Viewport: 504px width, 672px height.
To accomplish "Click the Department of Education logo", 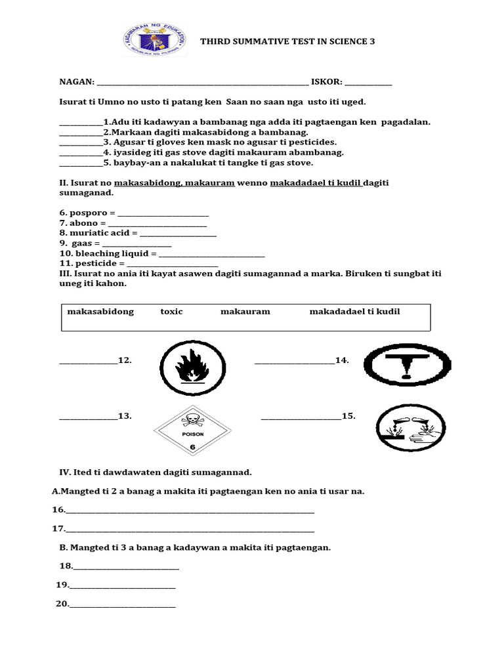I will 161,40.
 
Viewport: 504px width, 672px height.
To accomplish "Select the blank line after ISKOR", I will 368,83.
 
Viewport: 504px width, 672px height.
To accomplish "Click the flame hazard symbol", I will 192,366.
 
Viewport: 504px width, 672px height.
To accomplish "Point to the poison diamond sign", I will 192,430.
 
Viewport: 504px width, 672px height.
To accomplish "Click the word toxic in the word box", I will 171,312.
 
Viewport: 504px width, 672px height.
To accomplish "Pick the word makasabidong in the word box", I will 100,312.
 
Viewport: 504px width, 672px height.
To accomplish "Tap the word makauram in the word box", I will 245,312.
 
